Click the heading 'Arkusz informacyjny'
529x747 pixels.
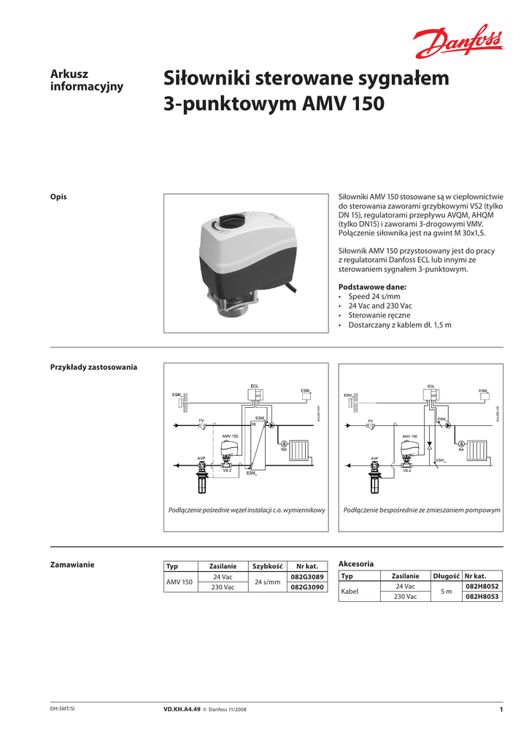(86, 80)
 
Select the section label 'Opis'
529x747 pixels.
(58, 197)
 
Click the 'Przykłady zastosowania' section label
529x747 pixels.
(93, 366)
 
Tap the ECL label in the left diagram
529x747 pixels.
(255, 385)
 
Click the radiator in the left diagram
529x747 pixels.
(299, 450)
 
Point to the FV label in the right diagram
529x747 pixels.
(371, 421)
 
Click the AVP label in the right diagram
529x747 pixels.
(374, 459)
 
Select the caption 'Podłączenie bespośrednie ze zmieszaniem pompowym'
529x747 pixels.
(422, 510)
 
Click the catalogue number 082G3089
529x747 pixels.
(306, 576)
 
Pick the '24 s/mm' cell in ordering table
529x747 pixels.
(267, 582)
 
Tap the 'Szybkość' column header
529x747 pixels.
(267, 566)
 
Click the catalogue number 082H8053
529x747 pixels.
(482, 596)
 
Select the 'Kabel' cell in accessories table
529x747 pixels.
(350, 591)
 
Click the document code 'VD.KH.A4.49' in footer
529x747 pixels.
(182, 709)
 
